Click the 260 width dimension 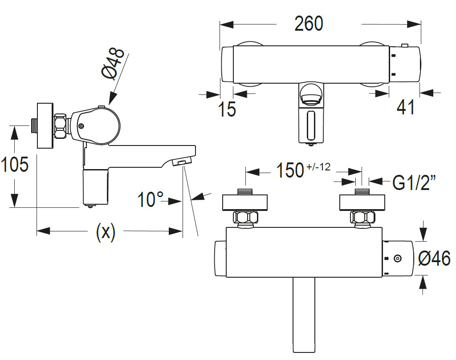coord(309,24)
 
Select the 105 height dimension coord(15,165)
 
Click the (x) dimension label coord(106,232)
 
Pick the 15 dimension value coord(227,108)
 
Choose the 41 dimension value coord(405,107)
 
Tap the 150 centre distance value coord(290,170)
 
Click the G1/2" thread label coord(414,182)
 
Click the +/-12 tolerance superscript coord(319,167)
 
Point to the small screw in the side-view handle coord(81,126)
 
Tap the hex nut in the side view coord(61,126)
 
